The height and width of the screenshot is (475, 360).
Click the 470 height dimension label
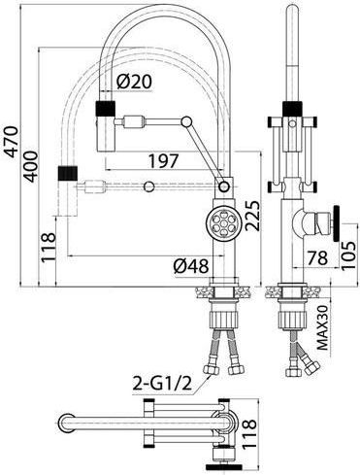click(x=12, y=142)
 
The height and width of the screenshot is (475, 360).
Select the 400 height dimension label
click(x=31, y=166)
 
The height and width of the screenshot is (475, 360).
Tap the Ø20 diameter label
click(x=133, y=82)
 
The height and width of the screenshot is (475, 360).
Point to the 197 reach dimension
click(x=163, y=161)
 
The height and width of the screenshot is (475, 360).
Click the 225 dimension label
click(x=252, y=216)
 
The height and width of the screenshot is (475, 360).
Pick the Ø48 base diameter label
click(x=191, y=266)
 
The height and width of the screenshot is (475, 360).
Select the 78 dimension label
click(x=317, y=257)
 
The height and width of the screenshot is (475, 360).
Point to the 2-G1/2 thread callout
click(x=162, y=385)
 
